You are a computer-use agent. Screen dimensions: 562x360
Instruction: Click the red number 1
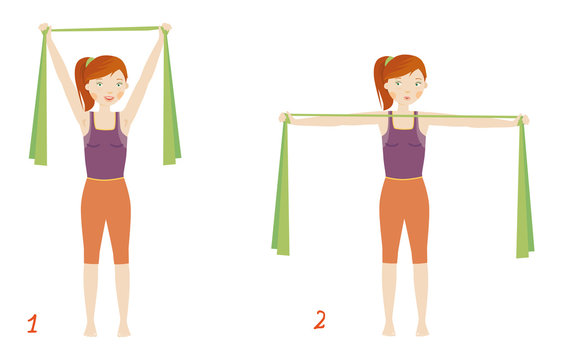tap(32, 324)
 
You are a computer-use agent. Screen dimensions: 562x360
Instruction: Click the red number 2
tap(320, 319)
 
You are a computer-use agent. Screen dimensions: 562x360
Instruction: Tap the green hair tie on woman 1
tap(89, 62)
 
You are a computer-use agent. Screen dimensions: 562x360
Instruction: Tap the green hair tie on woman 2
tap(389, 61)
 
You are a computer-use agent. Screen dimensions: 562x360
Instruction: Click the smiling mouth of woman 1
tap(109, 98)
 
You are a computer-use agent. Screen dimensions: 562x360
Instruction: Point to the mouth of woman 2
tap(407, 98)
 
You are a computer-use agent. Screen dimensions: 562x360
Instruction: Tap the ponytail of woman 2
tap(380, 83)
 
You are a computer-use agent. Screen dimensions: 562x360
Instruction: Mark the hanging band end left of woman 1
tap(39, 100)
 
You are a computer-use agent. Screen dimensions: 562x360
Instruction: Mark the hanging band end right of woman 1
tap(170, 99)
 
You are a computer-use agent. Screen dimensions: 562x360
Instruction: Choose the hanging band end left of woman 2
tap(281, 186)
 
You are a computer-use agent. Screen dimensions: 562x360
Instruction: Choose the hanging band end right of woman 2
tap(524, 188)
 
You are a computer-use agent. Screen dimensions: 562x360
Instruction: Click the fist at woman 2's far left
tap(284, 118)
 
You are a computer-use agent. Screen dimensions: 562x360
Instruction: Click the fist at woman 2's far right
tap(523, 120)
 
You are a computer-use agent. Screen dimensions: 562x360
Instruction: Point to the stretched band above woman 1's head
tap(105, 29)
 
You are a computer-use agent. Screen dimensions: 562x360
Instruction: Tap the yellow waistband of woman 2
tap(404, 178)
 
